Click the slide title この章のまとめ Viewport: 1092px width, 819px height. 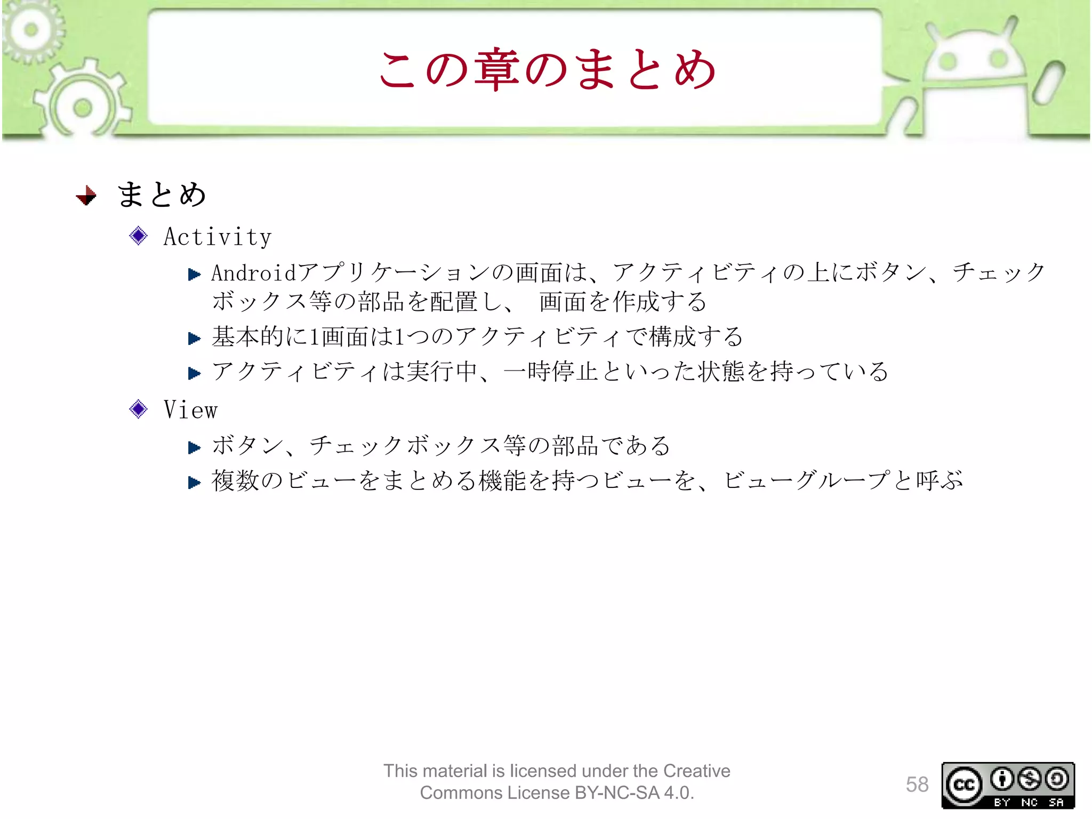[547, 69]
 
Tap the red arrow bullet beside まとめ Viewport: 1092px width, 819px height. [86, 195]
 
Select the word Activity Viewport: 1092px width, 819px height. [218, 237]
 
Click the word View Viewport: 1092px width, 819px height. [190, 410]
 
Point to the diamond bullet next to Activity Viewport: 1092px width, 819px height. [139, 236]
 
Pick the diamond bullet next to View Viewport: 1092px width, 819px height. [139, 409]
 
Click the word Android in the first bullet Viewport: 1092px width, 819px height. [254, 273]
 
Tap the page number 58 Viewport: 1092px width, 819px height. [917, 784]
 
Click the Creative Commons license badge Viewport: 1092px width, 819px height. [1008, 785]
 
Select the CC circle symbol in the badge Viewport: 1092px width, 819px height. [964, 784]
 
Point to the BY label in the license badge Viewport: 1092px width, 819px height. [1002, 802]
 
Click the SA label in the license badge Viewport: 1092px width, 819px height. [1056, 802]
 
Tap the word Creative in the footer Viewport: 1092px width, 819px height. [696, 771]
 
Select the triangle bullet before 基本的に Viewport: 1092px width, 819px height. [194, 338]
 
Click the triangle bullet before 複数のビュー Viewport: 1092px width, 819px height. [194, 483]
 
